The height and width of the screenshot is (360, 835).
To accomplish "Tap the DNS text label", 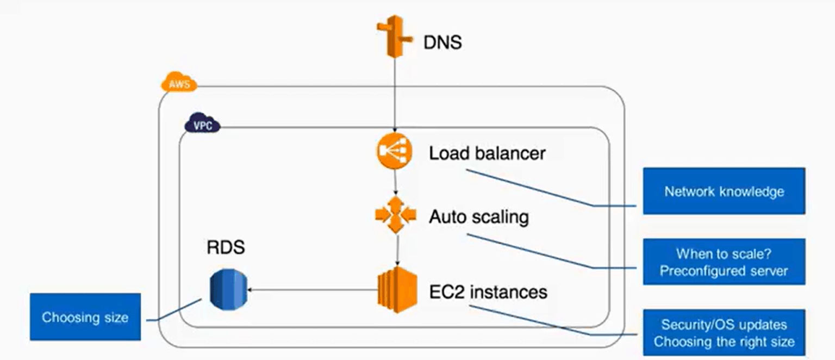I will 443,42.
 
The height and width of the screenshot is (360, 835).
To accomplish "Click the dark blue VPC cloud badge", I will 202,125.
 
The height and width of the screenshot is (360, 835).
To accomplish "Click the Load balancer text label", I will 487,153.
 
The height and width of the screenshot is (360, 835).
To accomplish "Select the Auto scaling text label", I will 478,218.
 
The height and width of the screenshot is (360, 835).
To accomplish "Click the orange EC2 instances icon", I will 397,289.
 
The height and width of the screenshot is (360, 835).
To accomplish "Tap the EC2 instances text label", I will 488,292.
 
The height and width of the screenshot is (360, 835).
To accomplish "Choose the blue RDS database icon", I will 228,289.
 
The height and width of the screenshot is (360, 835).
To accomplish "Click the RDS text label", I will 226,247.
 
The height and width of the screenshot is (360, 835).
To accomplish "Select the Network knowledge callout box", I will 724,191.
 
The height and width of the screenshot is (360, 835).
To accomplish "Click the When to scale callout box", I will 724,262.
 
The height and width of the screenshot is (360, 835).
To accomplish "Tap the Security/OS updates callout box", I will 724,333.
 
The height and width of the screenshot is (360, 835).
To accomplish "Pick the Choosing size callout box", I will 85,317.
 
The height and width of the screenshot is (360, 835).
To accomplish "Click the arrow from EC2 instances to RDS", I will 313,290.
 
